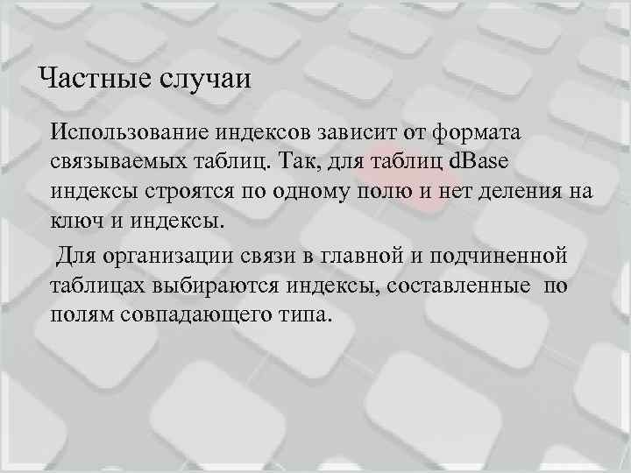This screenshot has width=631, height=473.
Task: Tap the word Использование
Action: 124,133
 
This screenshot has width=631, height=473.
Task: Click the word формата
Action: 477,133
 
